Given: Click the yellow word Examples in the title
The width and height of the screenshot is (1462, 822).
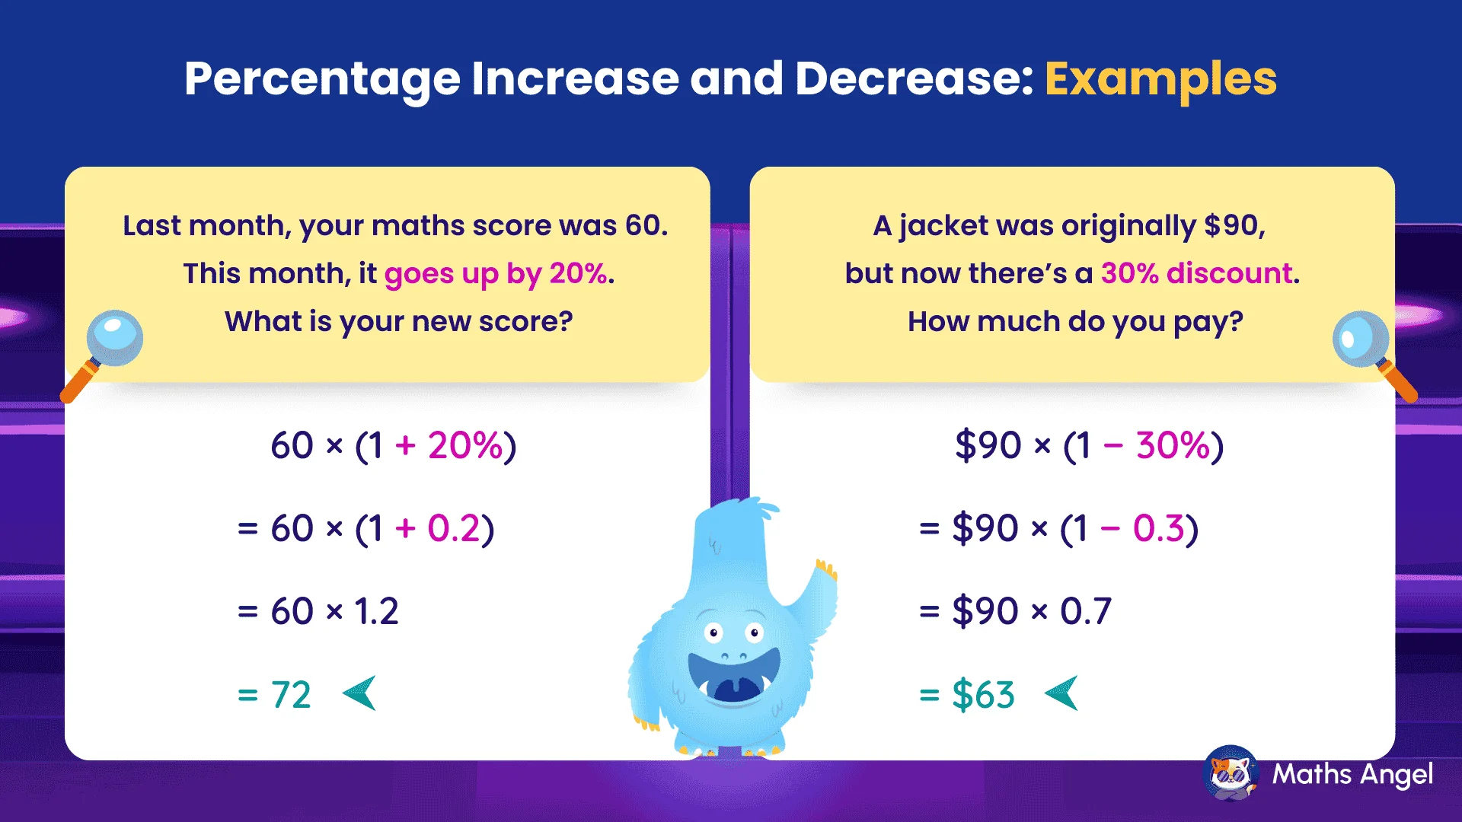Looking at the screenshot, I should [1160, 79].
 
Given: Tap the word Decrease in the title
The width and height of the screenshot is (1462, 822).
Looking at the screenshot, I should [914, 79].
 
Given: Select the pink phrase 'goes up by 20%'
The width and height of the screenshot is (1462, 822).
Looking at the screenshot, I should [495, 273].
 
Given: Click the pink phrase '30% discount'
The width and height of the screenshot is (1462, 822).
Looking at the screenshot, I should [1197, 273].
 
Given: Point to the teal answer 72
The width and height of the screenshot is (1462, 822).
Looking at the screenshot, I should [291, 695].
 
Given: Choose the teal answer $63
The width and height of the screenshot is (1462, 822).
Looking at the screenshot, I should [983, 695].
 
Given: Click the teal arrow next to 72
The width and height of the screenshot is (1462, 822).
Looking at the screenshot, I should [360, 693].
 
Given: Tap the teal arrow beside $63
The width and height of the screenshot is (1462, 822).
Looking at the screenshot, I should [1062, 693].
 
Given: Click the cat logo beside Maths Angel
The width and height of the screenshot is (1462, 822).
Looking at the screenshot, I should [1231, 773].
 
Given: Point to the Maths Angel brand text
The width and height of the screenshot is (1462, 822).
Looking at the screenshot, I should [1352, 775].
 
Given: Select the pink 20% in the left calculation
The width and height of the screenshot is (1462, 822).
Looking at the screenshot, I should [464, 446].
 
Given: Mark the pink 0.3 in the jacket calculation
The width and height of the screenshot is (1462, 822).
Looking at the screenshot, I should [1158, 529].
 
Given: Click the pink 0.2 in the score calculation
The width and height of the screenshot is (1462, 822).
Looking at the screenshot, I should [453, 529].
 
